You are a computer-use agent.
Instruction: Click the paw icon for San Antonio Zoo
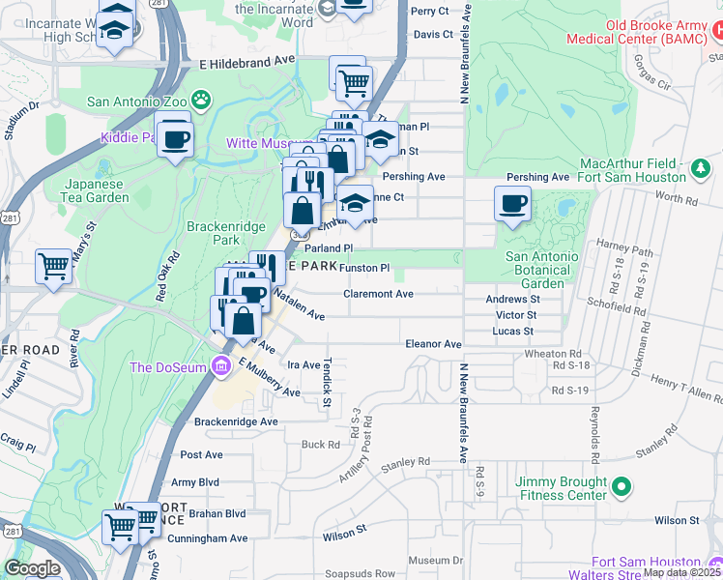click(201, 99)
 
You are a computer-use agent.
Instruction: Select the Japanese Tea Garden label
click(97, 190)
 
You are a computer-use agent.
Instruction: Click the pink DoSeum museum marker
click(221, 367)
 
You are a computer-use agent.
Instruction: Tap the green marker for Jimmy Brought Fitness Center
click(623, 486)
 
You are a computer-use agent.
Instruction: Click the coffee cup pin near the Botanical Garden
click(512, 205)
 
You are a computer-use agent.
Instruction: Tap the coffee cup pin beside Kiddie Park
click(175, 140)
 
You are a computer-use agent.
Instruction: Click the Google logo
click(32, 568)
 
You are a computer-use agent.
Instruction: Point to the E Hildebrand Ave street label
click(246, 60)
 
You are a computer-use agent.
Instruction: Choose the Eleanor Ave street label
click(434, 343)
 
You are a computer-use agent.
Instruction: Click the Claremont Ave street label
click(379, 294)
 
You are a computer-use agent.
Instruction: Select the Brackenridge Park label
click(212, 232)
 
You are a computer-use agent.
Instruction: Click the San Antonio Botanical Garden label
click(542, 270)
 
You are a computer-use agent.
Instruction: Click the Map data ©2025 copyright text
click(682, 572)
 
